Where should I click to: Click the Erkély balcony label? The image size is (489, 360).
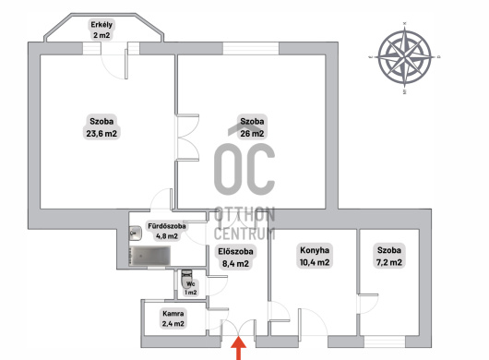tap(101, 25)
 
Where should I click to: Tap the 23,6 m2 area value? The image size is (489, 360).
tap(101, 134)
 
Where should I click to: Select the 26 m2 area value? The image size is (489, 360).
tap(252, 134)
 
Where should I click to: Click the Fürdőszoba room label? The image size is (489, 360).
tap(167, 226)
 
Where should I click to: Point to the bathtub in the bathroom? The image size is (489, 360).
tap(150, 256)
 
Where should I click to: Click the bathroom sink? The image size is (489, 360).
tap(136, 233)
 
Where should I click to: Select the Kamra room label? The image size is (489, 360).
tap(173, 313)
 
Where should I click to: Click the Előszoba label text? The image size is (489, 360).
tap(235, 251)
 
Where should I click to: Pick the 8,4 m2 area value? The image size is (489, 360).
tap(235, 264)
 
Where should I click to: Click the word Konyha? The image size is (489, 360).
tap(315, 250)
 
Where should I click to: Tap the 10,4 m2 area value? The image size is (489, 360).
tap(315, 262)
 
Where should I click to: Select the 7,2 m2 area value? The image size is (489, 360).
tap(388, 262)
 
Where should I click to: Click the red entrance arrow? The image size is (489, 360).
tap(239, 348)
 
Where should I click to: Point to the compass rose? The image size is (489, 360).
tap(404, 57)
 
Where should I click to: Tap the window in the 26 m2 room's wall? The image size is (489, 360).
tap(251, 48)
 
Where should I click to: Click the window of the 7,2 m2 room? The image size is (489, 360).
tap(385, 342)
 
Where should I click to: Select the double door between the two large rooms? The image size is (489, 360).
tap(187, 138)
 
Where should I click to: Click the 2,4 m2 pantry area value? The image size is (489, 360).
tap(173, 324)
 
